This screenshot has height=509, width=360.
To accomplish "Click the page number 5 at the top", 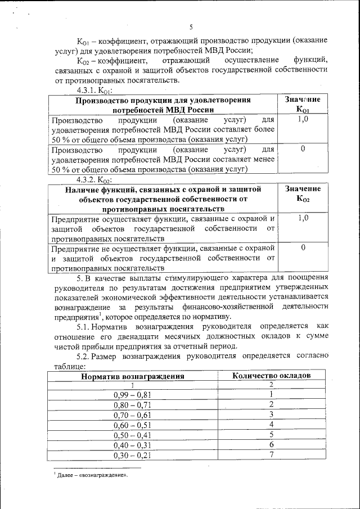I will tap(191, 26).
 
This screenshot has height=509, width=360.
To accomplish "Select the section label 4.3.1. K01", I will tap(95, 90).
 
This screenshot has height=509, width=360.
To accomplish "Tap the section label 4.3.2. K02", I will tap(95, 179).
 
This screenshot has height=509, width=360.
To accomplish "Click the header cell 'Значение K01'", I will tap(302, 104).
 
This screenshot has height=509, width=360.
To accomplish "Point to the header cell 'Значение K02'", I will tap(302, 194).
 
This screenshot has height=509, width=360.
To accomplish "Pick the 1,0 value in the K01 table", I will tap(302, 120).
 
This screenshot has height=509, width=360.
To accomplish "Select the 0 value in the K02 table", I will tap(303, 247).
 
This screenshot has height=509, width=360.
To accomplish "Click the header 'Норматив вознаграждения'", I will tap(132, 376).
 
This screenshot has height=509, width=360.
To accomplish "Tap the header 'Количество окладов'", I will tap(271, 376).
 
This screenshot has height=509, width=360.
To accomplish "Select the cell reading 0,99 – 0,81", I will tap(132, 394).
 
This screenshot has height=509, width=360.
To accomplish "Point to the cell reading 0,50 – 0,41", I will tap(132, 435).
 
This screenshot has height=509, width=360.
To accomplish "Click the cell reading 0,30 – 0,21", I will tap(132, 455).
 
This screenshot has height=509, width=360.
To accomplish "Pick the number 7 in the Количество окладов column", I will tap(271, 455).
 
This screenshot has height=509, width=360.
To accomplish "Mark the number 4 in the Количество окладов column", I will tap(271, 425).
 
